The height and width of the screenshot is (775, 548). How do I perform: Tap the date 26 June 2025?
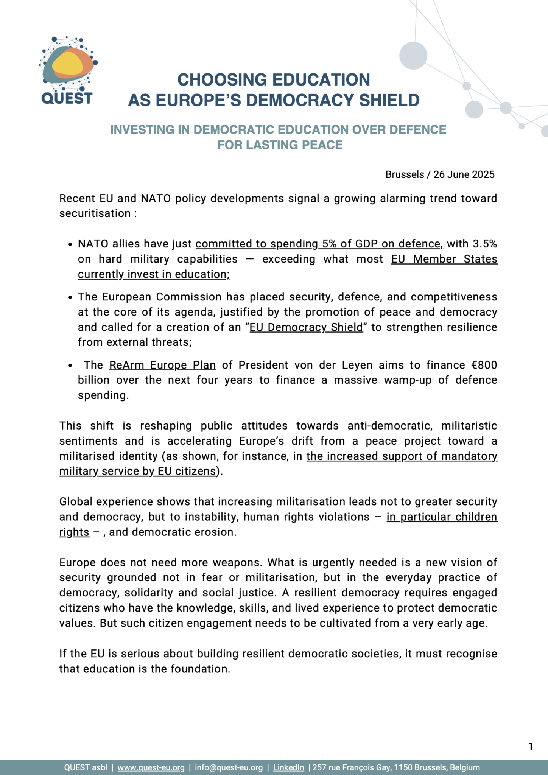coord(464,174)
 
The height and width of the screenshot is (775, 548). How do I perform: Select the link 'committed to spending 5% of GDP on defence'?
coord(319,244)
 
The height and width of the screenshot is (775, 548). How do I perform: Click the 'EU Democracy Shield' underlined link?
coord(306,327)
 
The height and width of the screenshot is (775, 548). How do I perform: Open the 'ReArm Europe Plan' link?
coord(162,365)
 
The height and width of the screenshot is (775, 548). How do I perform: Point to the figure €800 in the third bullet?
coord(484,365)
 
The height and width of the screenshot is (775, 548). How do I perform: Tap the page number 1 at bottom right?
coord(531,747)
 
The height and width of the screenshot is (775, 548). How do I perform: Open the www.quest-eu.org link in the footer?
coord(151,768)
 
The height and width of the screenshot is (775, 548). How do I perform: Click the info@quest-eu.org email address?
coord(229,768)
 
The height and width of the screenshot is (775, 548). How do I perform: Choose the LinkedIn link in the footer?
coord(288,768)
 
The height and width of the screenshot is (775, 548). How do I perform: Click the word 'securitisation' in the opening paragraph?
coord(95,214)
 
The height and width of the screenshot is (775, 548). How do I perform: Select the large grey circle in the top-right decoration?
coord(413,56)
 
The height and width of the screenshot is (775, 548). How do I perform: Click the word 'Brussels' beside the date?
coord(405,174)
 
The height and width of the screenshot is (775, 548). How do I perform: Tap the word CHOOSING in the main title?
coord(222,80)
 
